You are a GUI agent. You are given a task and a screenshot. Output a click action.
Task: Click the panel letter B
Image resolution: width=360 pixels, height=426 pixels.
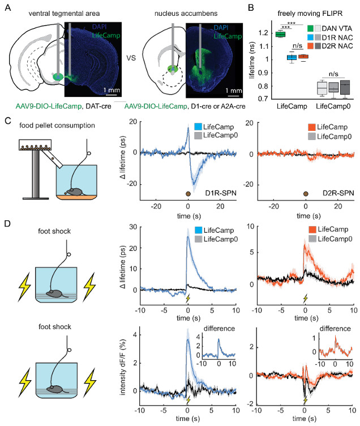pyautogui.click(x=251, y=7)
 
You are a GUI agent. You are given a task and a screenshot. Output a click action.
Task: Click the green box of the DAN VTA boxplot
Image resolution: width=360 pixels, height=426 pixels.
pyautogui.click(x=280, y=34)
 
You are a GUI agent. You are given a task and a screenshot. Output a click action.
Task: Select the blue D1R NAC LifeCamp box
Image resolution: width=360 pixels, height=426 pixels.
pyautogui.click(x=292, y=57)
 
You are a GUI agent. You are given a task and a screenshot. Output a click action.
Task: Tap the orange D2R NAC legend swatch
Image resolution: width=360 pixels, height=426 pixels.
pyautogui.click(x=310, y=46)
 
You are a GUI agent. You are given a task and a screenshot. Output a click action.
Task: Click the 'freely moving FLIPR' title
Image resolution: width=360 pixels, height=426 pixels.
pyautogui.click(x=310, y=14)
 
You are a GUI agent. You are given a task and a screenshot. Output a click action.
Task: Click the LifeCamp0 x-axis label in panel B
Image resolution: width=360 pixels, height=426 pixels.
pyautogui.click(x=333, y=107)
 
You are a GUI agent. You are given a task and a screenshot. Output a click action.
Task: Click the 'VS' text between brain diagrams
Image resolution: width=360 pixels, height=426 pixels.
pyautogui.click(x=131, y=58)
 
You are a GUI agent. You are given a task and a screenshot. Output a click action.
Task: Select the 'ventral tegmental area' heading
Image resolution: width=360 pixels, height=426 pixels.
pyautogui.click(x=64, y=14)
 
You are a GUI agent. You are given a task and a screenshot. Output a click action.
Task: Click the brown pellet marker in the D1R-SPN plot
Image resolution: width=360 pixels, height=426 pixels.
pyautogui.click(x=188, y=194)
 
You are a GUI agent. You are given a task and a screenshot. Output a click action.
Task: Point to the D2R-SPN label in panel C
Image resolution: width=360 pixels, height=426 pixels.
pyautogui.click(x=338, y=193)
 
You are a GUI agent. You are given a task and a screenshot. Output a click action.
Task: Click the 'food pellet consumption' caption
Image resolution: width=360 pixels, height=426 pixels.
pyautogui.click(x=57, y=126)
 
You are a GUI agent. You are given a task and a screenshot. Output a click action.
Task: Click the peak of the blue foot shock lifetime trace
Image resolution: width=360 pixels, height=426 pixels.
pyautogui.click(x=187, y=237)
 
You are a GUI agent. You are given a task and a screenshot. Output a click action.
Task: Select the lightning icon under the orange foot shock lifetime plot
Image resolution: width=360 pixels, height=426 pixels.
pyautogui.click(x=306, y=298)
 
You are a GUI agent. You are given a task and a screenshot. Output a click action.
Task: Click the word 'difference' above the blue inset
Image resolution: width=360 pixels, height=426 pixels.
pyautogui.click(x=219, y=329)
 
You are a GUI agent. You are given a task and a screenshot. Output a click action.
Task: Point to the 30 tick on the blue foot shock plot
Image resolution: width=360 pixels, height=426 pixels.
pyautogui.click(x=133, y=227)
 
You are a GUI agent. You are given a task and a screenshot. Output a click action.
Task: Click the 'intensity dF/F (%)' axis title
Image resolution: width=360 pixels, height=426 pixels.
pyautogui.click(x=123, y=367)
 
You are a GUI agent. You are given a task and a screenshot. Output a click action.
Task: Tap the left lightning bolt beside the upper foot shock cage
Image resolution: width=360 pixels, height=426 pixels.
pyautogui.click(x=24, y=287)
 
